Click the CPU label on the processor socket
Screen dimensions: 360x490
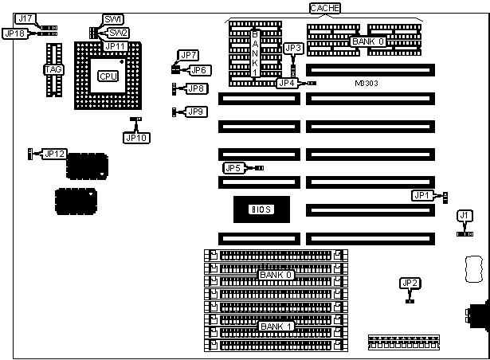click(104, 76)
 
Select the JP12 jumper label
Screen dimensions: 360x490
click(55, 153)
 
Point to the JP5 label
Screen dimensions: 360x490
click(233, 168)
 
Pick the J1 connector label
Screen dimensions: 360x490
click(465, 215)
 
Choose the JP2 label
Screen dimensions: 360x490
click(410, 283)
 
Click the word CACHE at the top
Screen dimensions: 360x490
click(325, 8)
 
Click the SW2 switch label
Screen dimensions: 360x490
click(118, 33)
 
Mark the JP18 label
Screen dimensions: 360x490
click(14, 33)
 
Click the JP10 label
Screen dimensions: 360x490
click(135, 137)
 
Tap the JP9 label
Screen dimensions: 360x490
click(197, 112)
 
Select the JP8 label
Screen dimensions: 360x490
click(197, 88)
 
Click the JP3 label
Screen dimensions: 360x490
click(292, 49)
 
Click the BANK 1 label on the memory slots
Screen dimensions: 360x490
click(277, 326)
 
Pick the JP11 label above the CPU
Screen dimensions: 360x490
click(114, 47)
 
